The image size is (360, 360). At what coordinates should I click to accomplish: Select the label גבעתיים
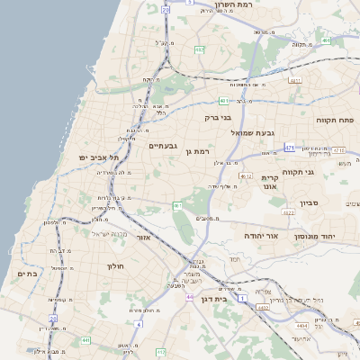[x=163, y=146]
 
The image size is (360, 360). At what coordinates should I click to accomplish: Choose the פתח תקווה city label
[x=336, y=119]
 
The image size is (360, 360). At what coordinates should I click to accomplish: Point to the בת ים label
[x=27, y=273]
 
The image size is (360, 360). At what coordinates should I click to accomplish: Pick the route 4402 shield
[x=263, y=308]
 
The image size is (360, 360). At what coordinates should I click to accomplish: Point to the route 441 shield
[x=85, y=340]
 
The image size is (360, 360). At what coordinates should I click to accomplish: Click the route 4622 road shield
[x=288, y=213]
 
